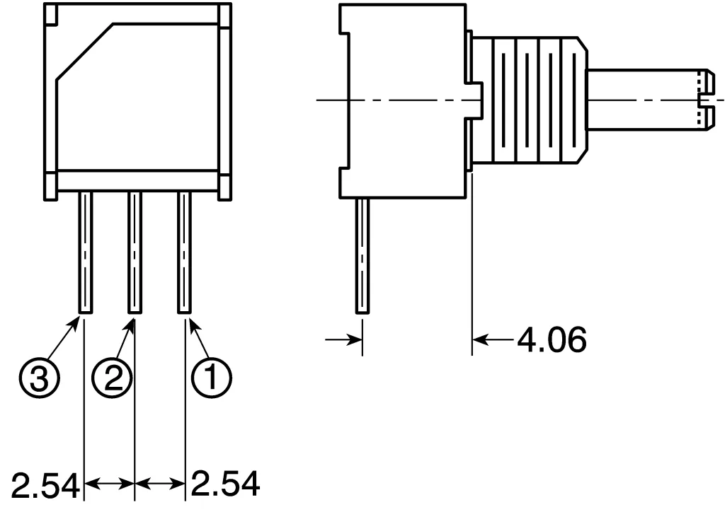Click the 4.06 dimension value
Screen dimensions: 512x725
click(x=553, y=341)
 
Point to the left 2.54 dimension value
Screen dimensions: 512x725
click(x=40, y=486)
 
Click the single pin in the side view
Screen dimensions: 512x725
click(x=362, y=255)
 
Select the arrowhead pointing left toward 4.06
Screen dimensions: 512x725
click(x=481, y=341)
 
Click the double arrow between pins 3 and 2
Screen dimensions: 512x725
click(x=109, y=484)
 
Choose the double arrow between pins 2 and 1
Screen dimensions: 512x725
click(x=159, y=484)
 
